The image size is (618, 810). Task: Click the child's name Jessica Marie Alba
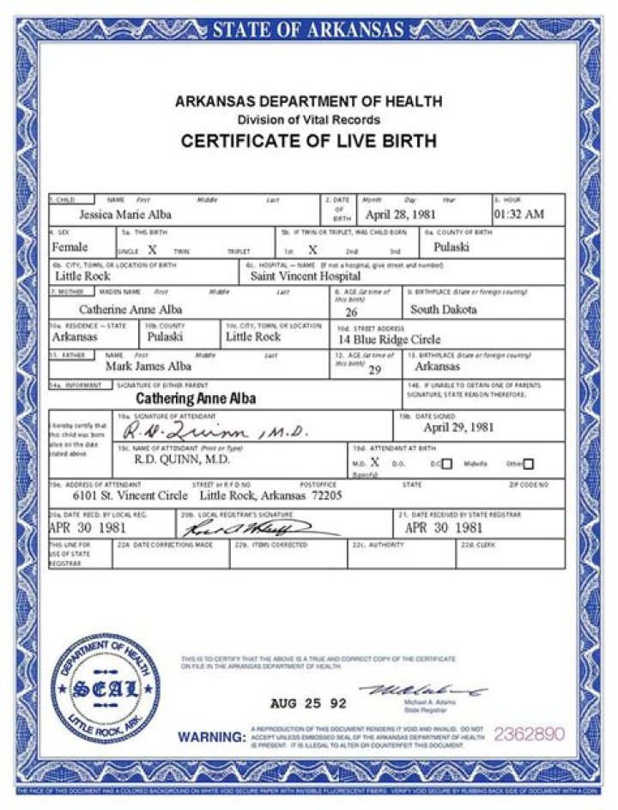point(125,215)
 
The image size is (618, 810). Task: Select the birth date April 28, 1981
point(402,215)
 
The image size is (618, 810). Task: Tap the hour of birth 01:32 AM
point(518,215)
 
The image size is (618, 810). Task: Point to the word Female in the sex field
point(71,247)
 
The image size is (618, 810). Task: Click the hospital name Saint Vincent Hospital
point(305,277)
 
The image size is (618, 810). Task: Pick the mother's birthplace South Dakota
point(443,309)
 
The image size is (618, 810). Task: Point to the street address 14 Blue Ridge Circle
point(389,339)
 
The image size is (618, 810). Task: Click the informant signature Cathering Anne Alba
point(197,399)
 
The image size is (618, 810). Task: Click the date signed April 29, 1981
point(459,427)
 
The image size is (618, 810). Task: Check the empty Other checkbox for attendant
point(528,465)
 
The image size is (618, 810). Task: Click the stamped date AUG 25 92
point(308,703)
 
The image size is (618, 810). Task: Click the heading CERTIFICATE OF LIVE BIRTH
point(308,141)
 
